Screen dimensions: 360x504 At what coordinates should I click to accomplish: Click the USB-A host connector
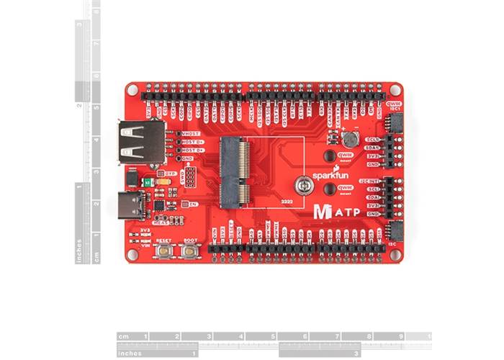pos(138,143)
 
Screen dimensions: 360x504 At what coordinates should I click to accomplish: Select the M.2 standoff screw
pos(305,185)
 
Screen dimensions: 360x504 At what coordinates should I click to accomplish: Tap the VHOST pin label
pos(192,134)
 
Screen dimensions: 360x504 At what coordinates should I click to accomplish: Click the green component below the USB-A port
pos(148,183)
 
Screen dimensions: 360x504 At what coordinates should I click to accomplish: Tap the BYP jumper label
pos(171,173)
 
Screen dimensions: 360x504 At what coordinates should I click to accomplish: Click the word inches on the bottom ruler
pos(133,353)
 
